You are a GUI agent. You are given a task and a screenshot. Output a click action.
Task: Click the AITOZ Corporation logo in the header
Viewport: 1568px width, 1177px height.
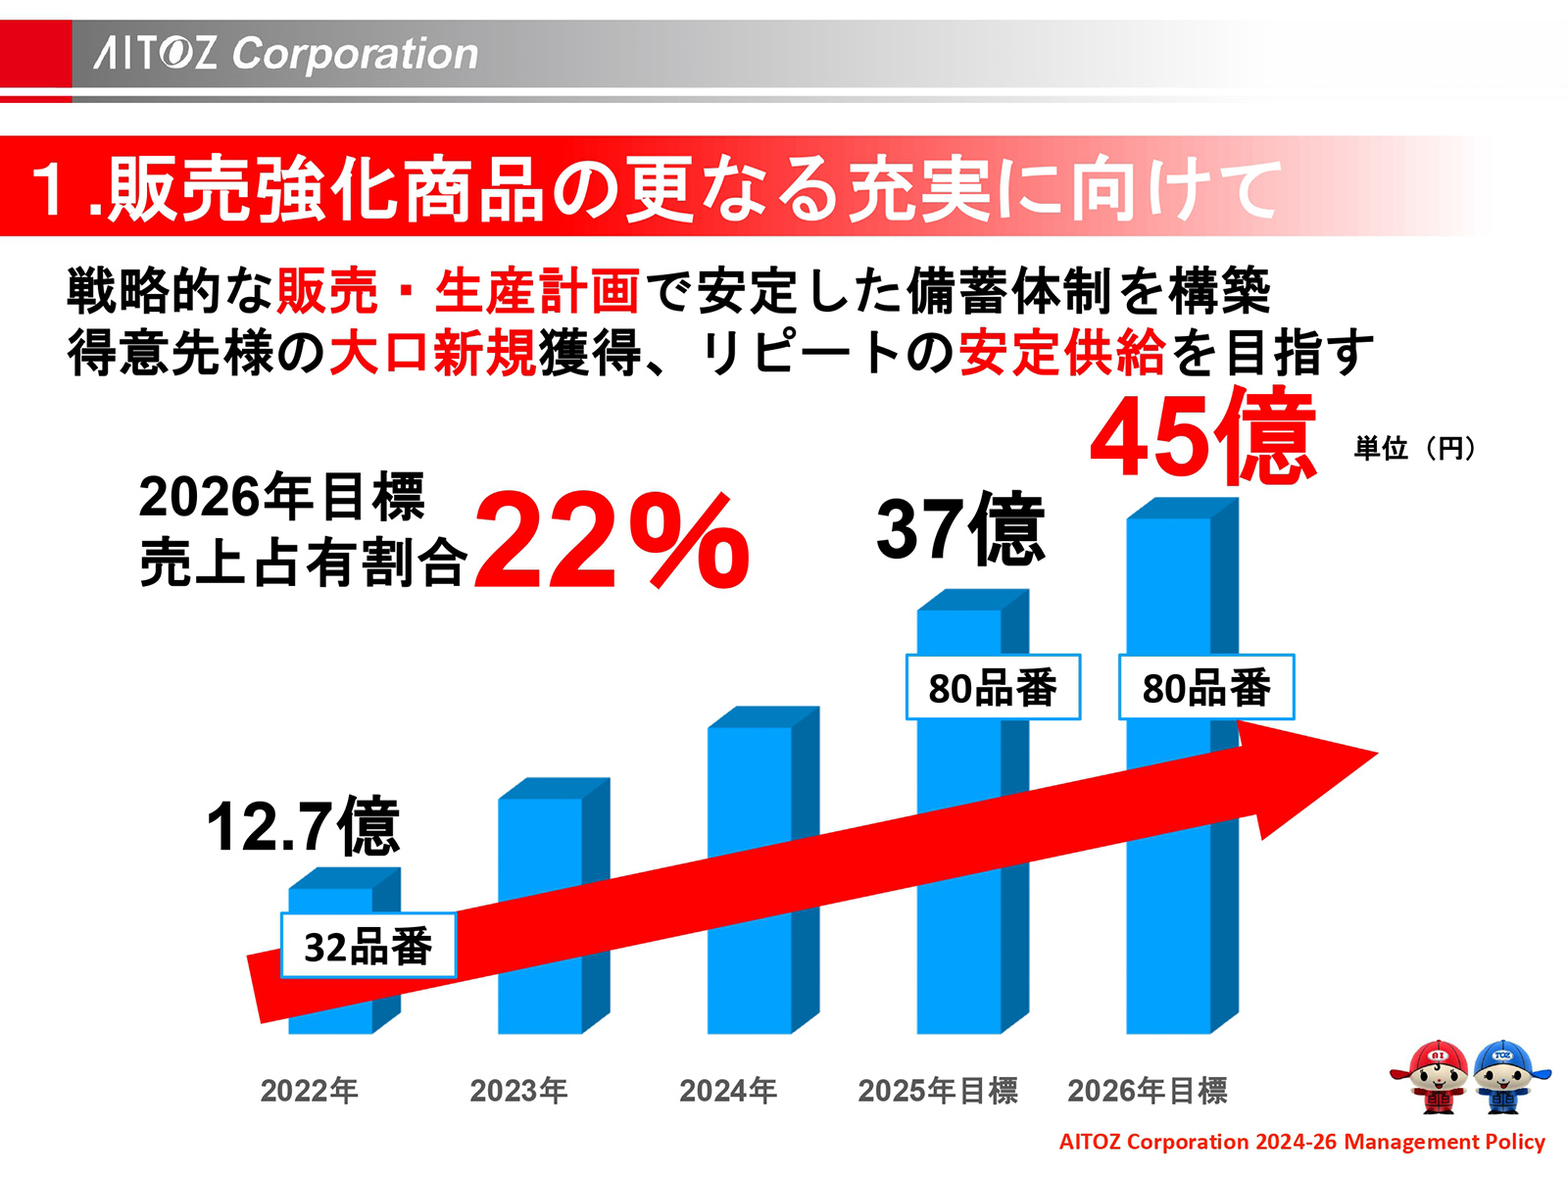[x=286, y=53]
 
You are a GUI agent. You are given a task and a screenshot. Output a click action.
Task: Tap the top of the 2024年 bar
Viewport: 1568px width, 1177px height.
[x=762, y=717]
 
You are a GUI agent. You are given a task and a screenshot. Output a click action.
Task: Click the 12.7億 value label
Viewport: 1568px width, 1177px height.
[x=303, y=826]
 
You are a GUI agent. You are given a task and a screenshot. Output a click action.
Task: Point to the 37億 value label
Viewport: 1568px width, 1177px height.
[x=960, y=530]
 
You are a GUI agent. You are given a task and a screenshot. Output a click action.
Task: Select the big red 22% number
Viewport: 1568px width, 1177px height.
[x=612, y=541]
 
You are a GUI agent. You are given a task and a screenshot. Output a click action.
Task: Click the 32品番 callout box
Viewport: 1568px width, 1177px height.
[x=368, y=946]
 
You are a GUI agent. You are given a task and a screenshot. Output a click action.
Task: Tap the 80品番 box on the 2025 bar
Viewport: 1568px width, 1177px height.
[x=993, y=687]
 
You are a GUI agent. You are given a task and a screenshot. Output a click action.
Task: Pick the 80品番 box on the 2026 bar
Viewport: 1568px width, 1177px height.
[x=1206, y=687]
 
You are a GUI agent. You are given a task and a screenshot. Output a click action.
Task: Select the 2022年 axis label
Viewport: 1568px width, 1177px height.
[x=309, y=1090]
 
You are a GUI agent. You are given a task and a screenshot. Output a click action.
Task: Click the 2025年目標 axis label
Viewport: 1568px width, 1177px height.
[x=938, y=1090]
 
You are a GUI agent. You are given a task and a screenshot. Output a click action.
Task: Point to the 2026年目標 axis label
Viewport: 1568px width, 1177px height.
[x=1147, y=1090]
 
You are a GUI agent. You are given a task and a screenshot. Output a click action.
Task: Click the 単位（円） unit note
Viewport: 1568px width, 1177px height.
[x=1414, y=449]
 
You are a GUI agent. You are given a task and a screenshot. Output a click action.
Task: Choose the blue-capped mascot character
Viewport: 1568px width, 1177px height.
[x=1506, y=1076]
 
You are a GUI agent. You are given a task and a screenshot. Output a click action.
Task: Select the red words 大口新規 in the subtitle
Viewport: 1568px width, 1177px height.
[x=432, y=354]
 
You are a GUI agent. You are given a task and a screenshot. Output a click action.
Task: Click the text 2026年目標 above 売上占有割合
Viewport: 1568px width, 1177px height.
[x=281, y=496]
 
